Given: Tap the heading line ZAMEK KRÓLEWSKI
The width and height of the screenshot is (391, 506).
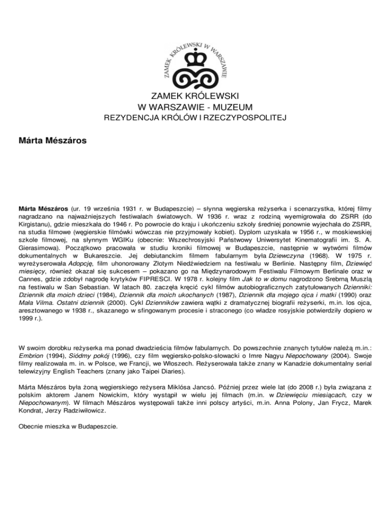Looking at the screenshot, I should pos(195,97).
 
